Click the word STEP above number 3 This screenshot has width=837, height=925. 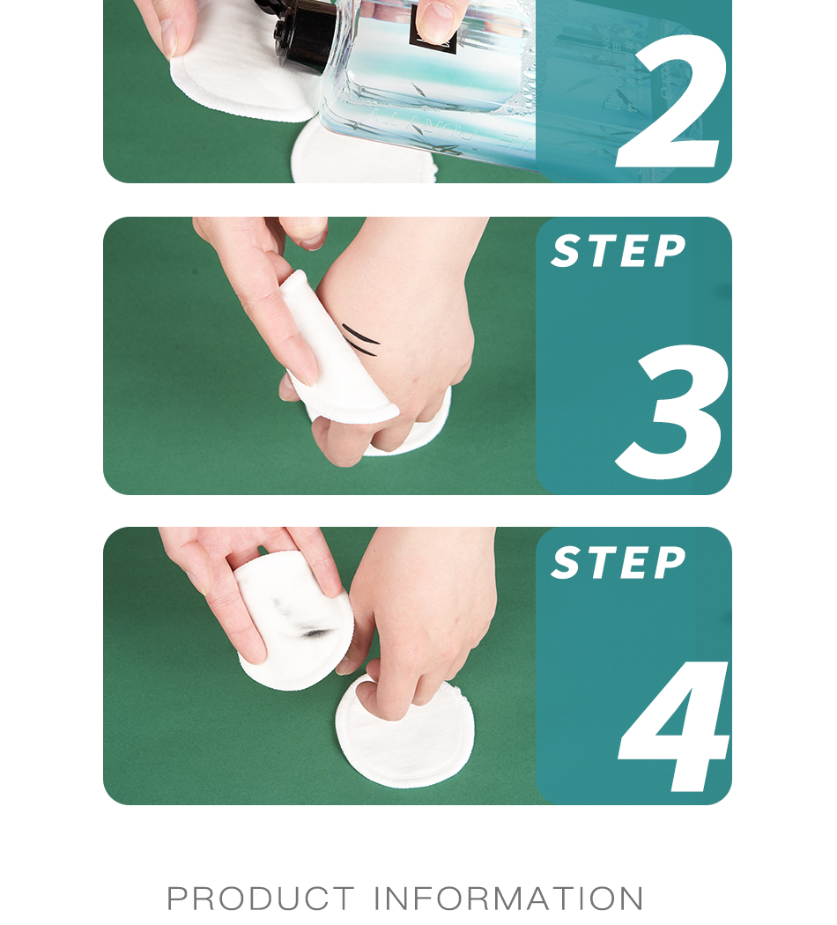pos(618,252)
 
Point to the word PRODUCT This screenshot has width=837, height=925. pos(260,899)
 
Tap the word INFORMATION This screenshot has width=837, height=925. pos(509,899)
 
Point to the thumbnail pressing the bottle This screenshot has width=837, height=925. pos(436,19)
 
